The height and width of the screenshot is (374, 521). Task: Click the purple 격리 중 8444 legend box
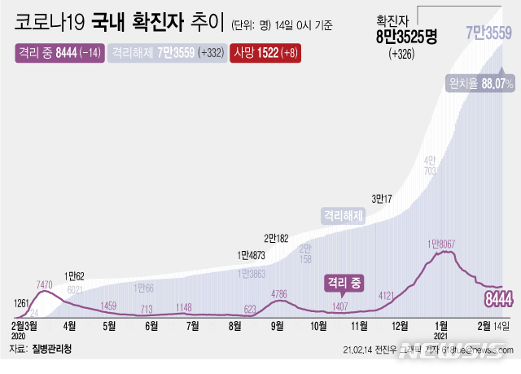pyautogui.click(x=58, y=53)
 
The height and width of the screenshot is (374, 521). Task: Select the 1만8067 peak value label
pyautogui.click(x=445, y=244)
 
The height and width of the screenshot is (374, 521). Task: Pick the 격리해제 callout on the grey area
pyautogui.click(x=343, y=216)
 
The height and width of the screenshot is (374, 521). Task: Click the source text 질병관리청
pyautogui.click(x=51, y=349)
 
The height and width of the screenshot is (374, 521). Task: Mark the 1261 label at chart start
pyautogui.click(x=21, y=303)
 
